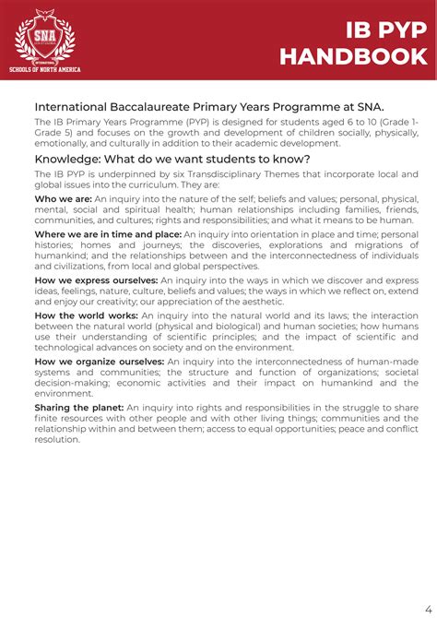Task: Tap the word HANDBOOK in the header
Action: click(353, 57)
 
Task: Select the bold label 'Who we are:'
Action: click(63, 198)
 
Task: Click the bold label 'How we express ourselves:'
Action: click(97, 279)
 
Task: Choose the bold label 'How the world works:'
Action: click(87, 316)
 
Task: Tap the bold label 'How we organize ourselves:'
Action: click(100, 362)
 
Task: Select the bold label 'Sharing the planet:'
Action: click(78, 407)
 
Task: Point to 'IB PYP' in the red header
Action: click(386, 30)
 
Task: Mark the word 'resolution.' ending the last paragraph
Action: click(57, 439)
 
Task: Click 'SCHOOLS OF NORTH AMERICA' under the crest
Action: click(44, 69)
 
